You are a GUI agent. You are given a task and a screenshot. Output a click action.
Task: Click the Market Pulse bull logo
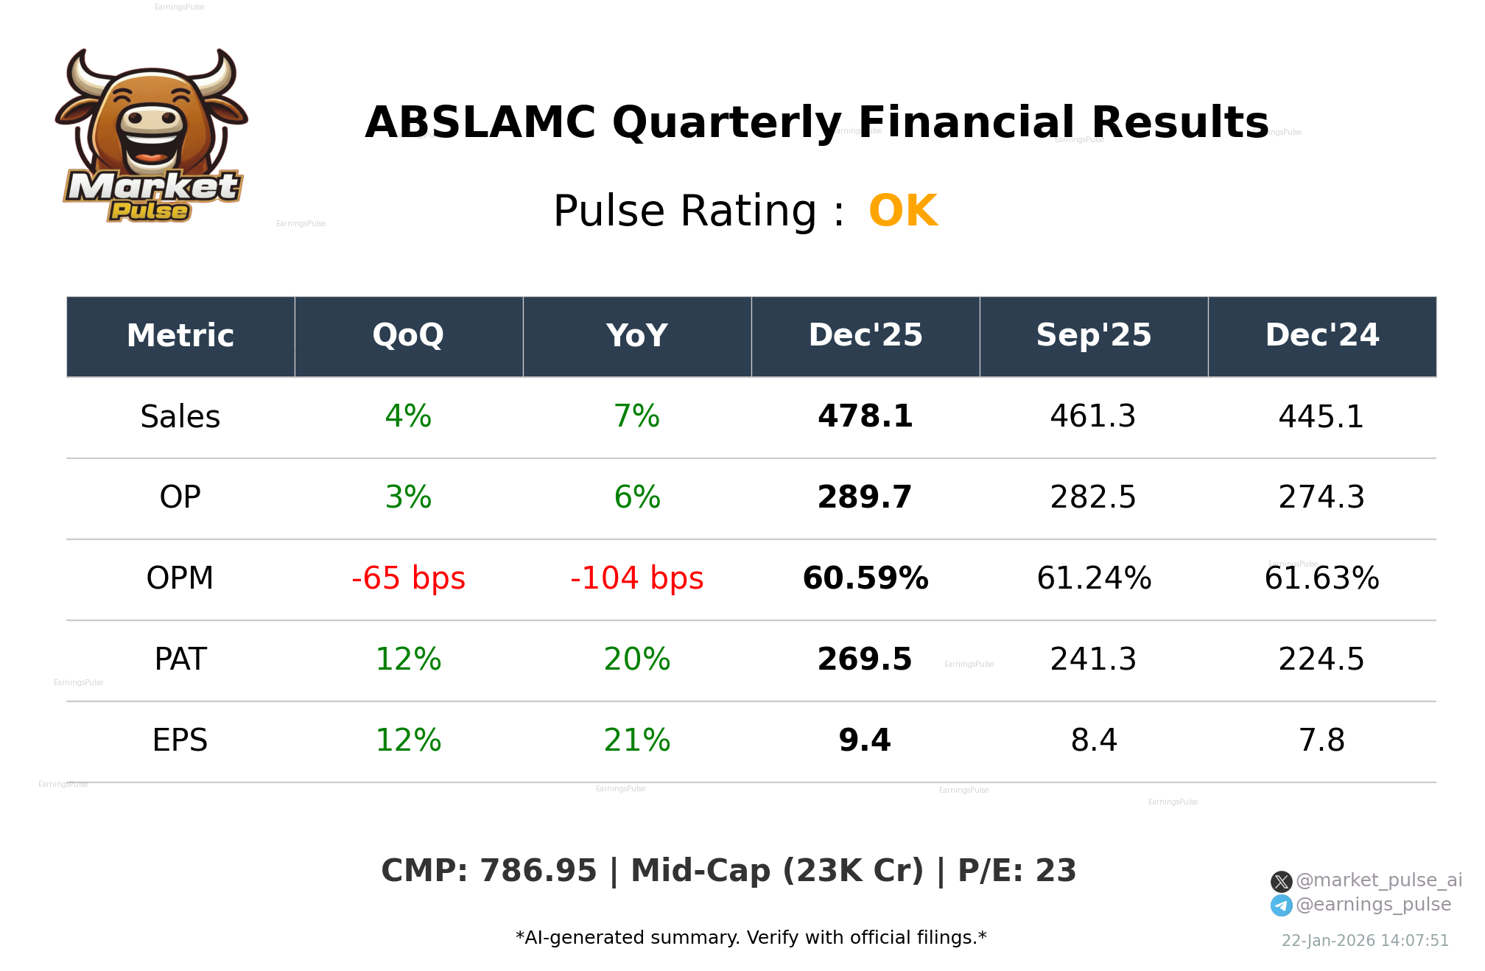click(151, 136)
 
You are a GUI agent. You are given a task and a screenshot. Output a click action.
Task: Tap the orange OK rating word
click(903, 211)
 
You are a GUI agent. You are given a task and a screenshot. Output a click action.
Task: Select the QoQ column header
click(408, 336)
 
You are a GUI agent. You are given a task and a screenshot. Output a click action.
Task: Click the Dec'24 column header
click(1321, 336)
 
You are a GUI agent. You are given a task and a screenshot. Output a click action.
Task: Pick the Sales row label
click(180, 417)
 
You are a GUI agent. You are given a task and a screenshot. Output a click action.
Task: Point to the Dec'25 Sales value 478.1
click(865, 417)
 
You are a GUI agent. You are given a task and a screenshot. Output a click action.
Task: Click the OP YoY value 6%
click(636, 498)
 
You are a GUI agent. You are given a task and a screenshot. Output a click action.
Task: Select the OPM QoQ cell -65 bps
click(408, 579)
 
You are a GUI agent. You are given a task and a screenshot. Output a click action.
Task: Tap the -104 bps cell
click(636, 579)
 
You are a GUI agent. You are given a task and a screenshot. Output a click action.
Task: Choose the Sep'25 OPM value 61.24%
click(1093, 579)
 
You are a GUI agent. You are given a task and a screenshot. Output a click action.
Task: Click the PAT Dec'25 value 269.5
click(865, 660)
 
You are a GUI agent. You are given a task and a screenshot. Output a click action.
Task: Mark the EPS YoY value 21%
click(636, 741)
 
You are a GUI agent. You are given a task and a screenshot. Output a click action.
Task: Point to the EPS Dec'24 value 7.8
click(1321, 741)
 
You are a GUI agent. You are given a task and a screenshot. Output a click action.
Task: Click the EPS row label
click(180, 741)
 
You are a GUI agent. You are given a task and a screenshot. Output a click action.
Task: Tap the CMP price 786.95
click(538, 872)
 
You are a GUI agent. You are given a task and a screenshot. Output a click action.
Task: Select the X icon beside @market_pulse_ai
click(1281, 881)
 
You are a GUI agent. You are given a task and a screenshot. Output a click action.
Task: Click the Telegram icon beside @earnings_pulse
click(1281, 905)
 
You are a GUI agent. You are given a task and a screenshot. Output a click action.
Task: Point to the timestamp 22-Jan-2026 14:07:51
click(1364, 941)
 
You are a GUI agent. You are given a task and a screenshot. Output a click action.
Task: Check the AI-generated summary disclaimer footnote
click(751, 938)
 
